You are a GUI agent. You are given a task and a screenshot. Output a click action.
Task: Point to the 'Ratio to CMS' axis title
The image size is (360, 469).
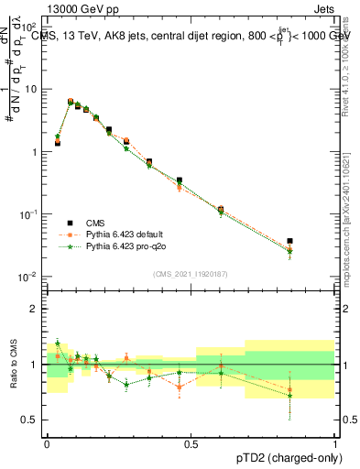point(13,364)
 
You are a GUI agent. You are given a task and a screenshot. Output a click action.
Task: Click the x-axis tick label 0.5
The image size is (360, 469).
point(191,442)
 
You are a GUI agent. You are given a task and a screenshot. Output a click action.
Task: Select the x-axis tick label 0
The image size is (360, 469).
point(47,442)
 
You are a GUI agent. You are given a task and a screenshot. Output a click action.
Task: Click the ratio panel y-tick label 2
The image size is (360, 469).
point(34,309)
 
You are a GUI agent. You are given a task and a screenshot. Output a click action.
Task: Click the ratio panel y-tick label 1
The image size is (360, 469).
point(34,365)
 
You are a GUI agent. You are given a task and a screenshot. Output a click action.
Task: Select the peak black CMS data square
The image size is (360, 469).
point(71,102)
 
